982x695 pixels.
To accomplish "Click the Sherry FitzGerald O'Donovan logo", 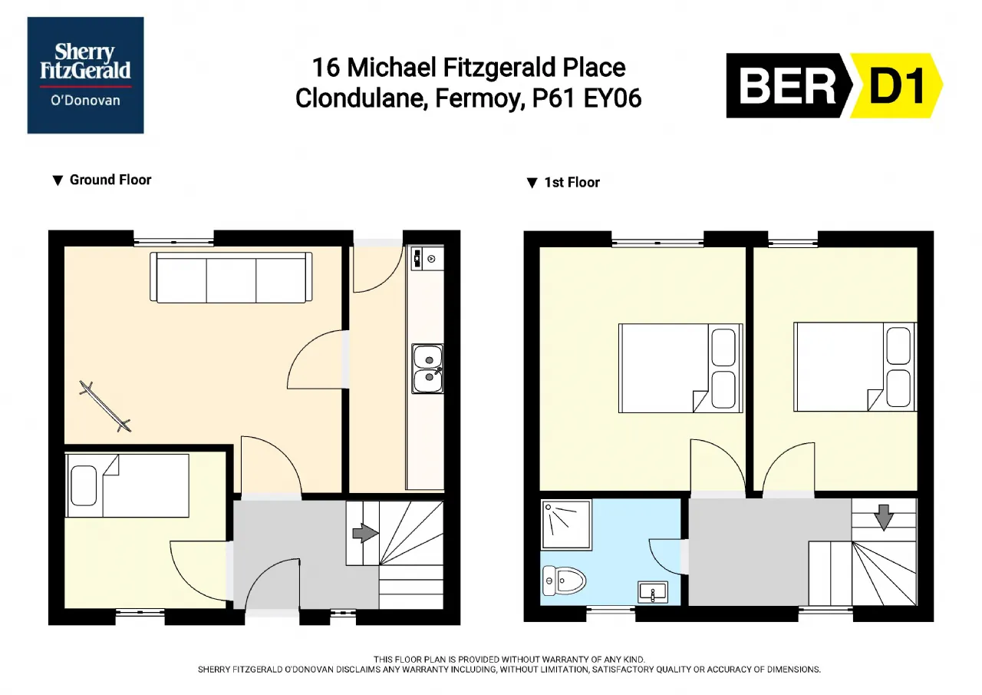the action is coord(85,75).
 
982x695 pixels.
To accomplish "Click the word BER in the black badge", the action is coord(788,86).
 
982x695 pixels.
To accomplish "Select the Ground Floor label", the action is coord(102,180).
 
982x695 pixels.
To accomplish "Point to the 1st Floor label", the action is coord(563,183).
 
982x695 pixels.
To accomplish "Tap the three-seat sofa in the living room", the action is coord(231,277).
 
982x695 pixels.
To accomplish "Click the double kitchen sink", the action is coord(427,369).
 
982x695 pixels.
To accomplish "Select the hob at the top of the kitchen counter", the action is coord(427,259).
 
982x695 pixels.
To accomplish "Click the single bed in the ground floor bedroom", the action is coord(127,485).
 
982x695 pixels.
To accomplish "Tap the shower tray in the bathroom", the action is coord(566,524).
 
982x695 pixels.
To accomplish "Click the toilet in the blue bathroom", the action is coord(564,581).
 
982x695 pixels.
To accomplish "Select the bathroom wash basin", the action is coord(653,592).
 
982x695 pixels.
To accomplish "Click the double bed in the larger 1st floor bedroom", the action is coord(680,368).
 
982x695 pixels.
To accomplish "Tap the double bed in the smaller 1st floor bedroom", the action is coord(855,367).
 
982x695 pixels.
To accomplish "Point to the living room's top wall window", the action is coord(173,241).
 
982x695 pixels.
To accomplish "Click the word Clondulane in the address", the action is coord(361,98).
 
